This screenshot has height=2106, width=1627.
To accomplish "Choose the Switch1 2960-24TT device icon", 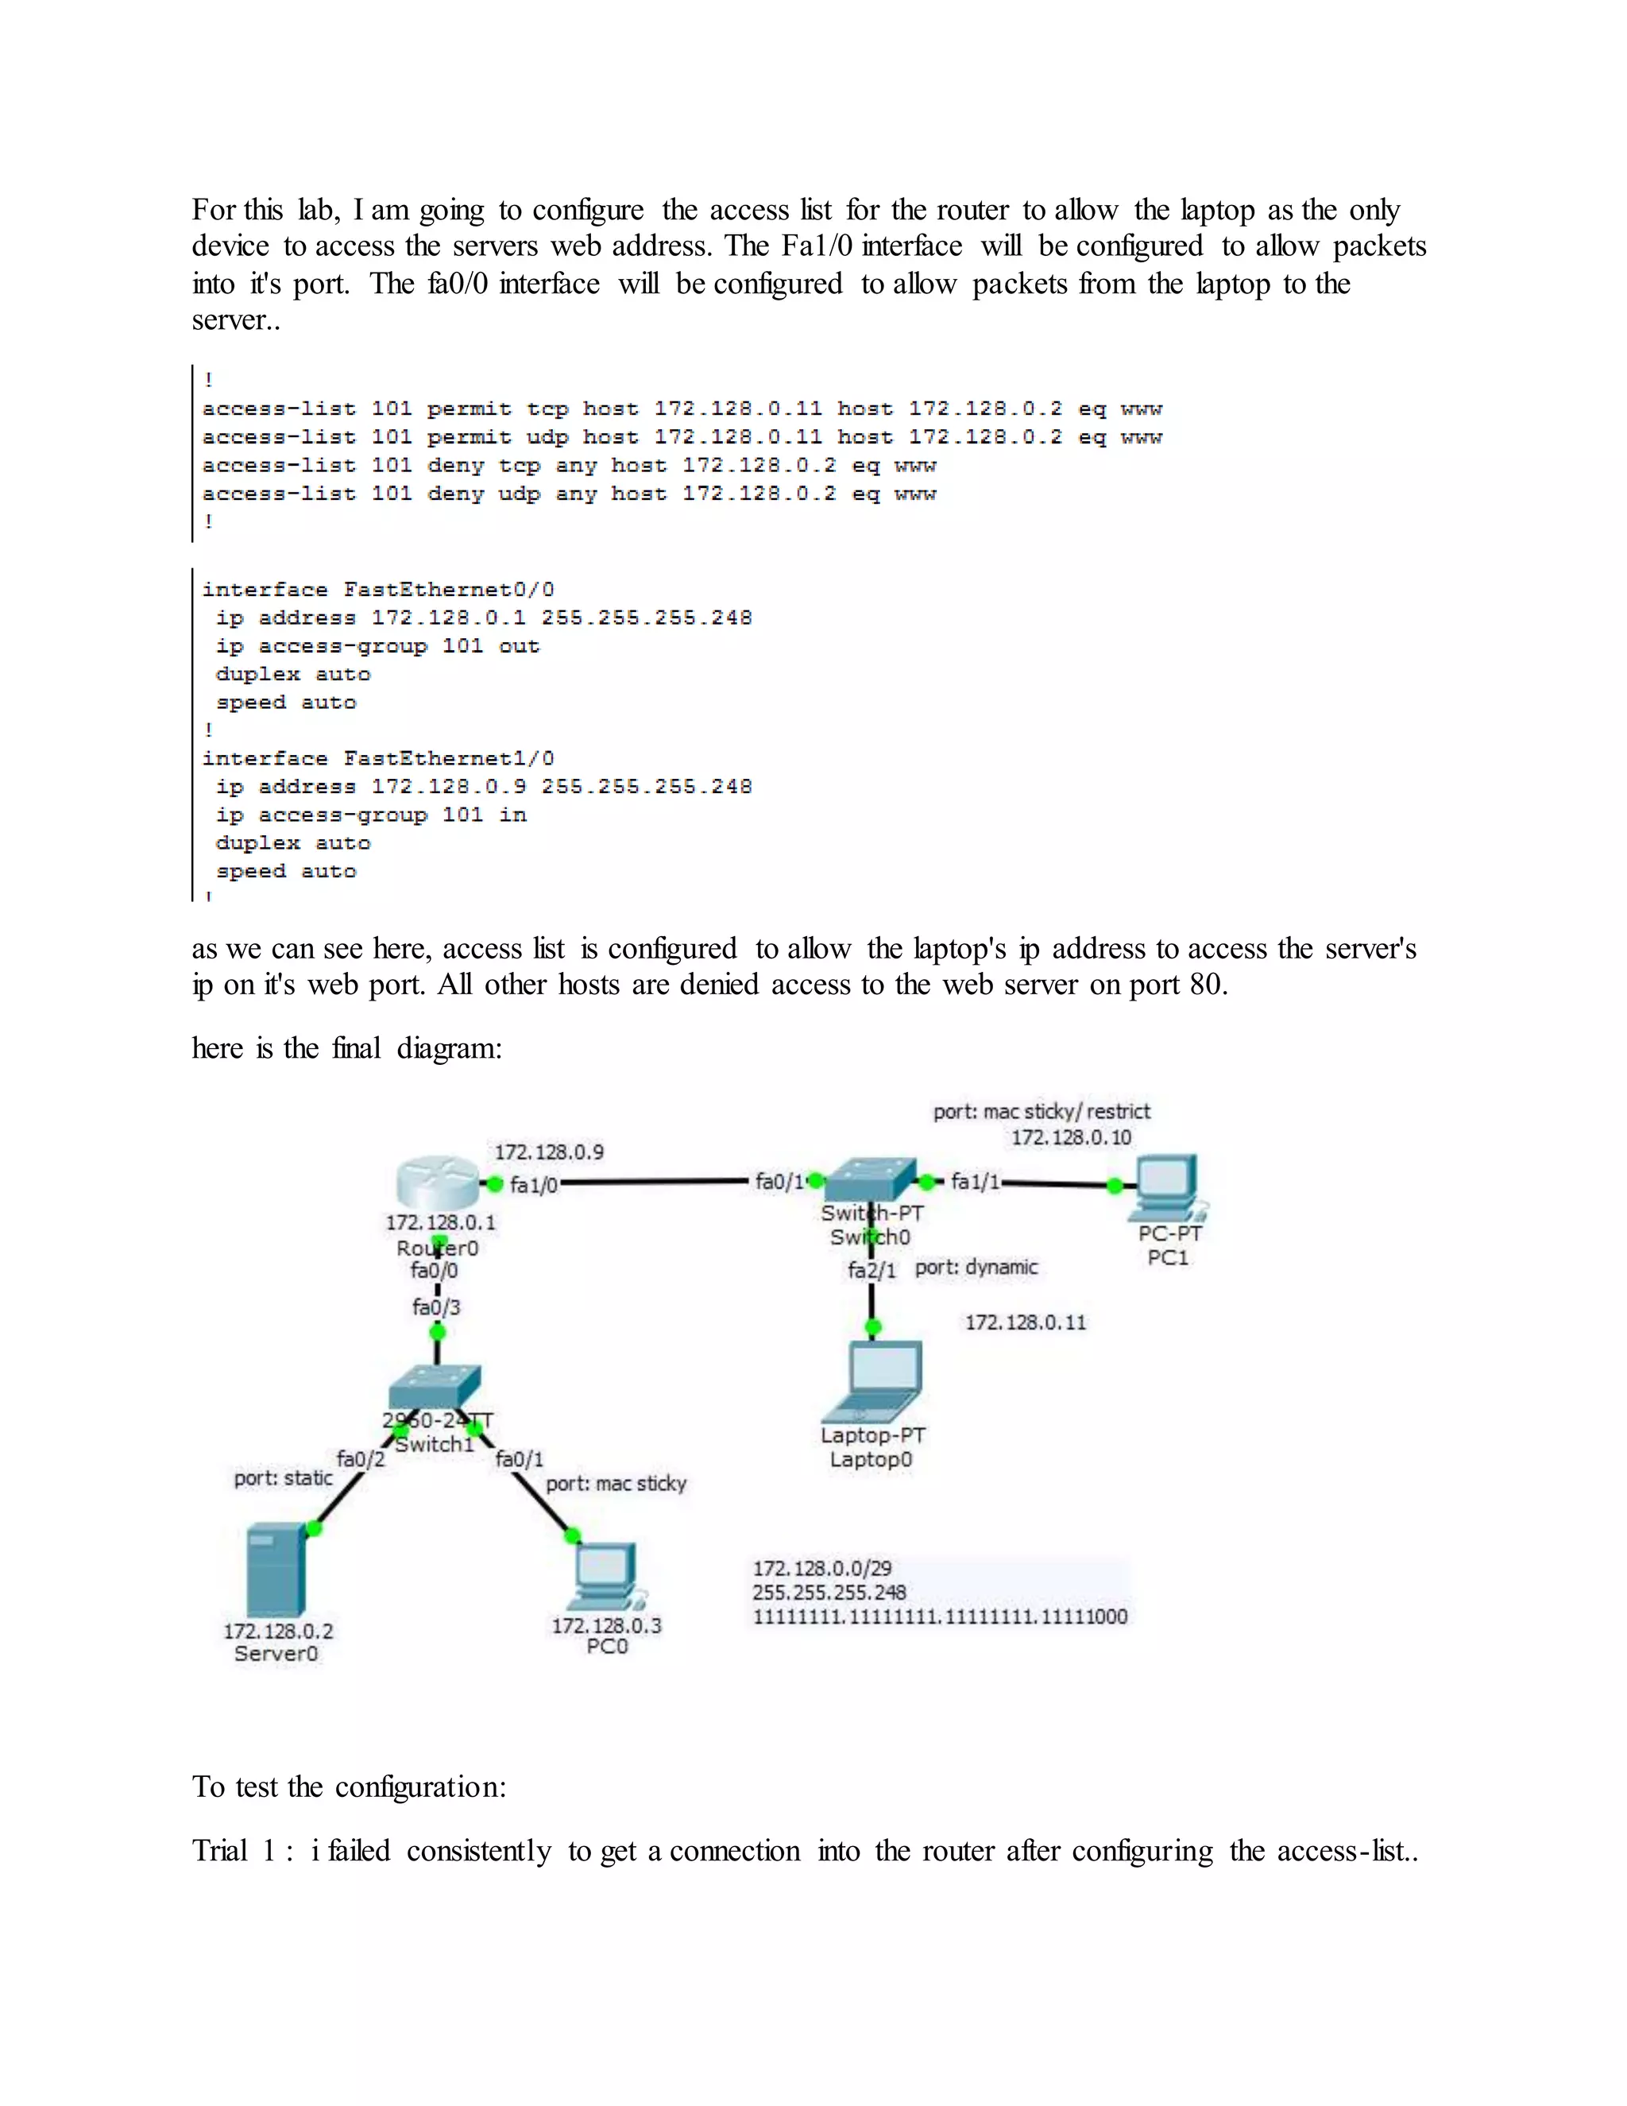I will [x=435, y=1387].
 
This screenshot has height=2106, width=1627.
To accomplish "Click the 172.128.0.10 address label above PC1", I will [x=1071, y=1138].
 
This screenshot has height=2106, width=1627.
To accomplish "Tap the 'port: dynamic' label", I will [x=976, y=1267].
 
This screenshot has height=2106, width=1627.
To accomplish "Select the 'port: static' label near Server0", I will [x=284, y=1478].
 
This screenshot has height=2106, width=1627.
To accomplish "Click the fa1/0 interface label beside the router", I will [x=534, y=1185].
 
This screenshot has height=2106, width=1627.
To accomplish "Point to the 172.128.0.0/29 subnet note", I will [x=822, y=1569].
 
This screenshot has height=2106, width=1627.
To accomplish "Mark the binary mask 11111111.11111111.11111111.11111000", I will [x=940, y=1617].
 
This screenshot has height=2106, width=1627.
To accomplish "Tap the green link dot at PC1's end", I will [x=1115, y=1186].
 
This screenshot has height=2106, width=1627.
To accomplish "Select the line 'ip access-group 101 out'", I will [x=378, y=646].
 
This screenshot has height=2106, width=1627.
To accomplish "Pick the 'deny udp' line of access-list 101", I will [x=569, y=494].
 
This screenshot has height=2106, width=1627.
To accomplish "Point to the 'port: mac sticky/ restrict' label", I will [x=1041, y=1112].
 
